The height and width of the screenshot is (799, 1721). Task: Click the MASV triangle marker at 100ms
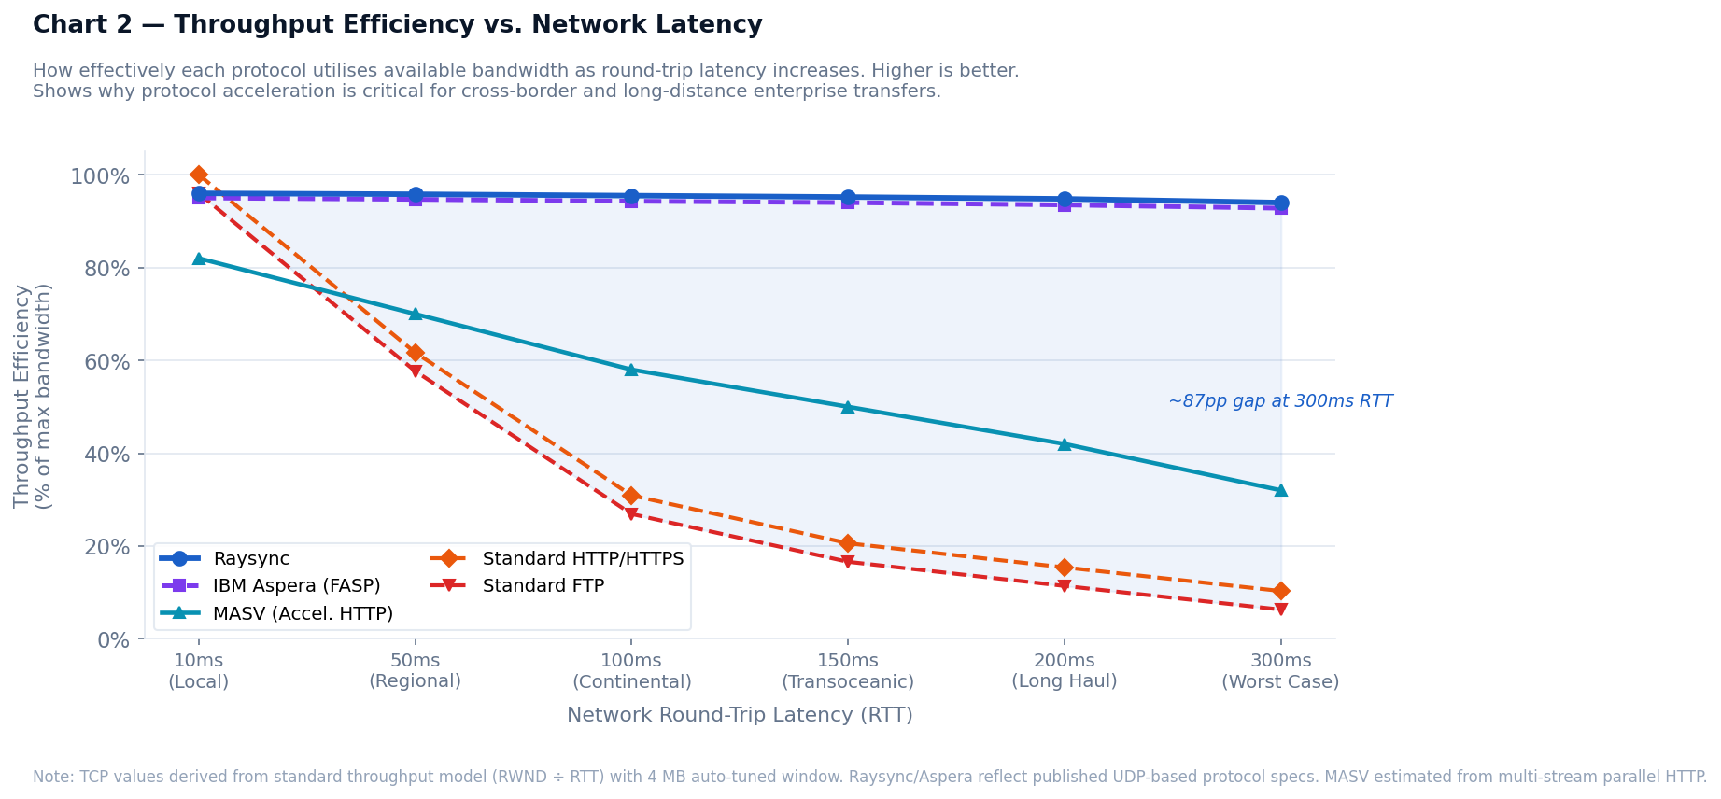[x=631, y=370]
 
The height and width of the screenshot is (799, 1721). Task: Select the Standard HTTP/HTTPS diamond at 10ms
[x=199, y=175]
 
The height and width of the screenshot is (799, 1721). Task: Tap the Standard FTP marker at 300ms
[x=1280, y=610]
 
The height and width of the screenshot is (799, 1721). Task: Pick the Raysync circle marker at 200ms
[x=1065, y=200]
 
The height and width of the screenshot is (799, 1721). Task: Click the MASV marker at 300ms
[x=1280, y=490]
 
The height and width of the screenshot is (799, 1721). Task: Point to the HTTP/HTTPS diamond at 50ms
[x=416, y=353]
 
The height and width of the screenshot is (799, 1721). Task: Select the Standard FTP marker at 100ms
[x=631, y=514]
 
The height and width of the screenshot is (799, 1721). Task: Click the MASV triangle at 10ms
[x=199, y=259]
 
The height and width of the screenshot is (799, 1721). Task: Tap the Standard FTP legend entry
[x=543, y=586]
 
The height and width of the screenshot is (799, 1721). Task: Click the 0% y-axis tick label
[x=113, y=640]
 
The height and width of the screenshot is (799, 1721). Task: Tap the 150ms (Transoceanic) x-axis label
[x=848, y=671]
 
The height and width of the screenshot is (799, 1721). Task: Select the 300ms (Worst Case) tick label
[x=1280, y=671]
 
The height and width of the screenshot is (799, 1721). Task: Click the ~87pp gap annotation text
[x=1280, y=401]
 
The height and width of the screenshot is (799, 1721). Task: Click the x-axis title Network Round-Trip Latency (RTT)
[x=740, y=715]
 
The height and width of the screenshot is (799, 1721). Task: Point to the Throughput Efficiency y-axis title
[x=33, y=396]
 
